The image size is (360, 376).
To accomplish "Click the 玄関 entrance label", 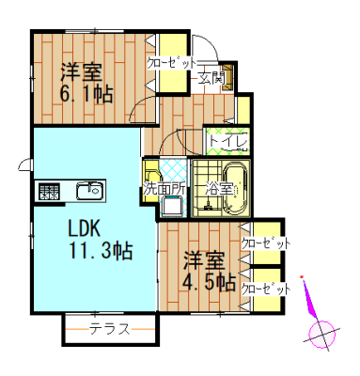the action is (211, 78).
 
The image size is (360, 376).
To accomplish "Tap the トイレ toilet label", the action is (227, 141).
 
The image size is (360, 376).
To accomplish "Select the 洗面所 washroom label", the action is (164, 189).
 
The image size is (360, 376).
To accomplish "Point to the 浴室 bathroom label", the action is (219, 188).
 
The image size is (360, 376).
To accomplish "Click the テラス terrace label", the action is (110, 329).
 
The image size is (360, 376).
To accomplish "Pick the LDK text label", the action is (85, 228).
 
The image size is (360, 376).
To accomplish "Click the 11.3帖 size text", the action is (101, 250).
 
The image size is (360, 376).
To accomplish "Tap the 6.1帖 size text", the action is (86, 94).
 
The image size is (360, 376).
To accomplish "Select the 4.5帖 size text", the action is (209, 282).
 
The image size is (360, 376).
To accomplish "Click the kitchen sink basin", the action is (89, 191).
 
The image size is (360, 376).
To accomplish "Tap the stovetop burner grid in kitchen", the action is (49, 191).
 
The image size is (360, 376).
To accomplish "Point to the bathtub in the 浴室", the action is (237, 189).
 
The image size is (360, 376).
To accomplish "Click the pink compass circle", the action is (322, 335).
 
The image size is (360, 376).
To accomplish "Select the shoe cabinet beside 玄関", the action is (227, 78).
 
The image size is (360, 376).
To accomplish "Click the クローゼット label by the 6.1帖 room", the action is (171, 63).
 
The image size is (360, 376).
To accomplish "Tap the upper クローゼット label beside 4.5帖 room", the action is (266, 243).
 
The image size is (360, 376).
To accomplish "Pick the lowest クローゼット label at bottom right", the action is (266, 289).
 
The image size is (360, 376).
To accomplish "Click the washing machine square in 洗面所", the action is (173, 206).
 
